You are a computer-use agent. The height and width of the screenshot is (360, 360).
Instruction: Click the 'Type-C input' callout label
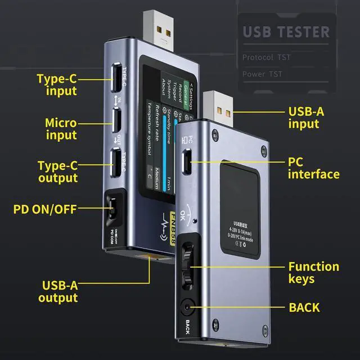click(57, 84)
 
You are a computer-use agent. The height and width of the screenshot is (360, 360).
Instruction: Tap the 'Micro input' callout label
click(61, 128)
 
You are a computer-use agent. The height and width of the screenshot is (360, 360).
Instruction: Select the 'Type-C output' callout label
click(57, 172)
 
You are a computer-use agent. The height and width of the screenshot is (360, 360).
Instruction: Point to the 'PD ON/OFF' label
click(44, 210)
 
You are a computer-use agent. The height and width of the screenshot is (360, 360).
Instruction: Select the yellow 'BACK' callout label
click(304, 307)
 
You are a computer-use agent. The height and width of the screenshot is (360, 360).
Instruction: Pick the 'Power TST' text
click(262, 74)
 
